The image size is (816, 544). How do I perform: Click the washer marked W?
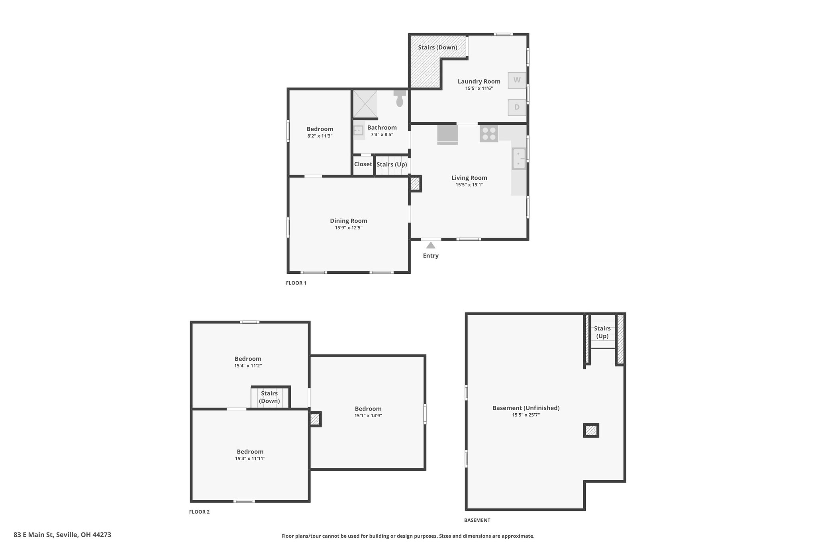[517, 80]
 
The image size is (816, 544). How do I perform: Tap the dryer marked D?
[517, 107]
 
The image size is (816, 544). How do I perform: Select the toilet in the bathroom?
[400, 98]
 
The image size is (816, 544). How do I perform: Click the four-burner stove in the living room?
[489, 134]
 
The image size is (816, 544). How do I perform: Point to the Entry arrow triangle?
[431, 245]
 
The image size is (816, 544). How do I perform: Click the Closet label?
[363, 164]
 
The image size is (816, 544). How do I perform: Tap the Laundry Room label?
[479, 81]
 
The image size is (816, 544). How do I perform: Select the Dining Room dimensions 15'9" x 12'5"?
[349, 228]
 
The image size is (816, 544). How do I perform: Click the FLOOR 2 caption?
[199, 512]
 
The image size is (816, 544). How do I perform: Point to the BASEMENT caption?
[477, 520]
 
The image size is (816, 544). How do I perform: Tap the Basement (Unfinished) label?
[526, 408]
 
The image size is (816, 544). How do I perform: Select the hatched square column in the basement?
[591, 430]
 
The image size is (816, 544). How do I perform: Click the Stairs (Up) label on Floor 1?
[392, 164]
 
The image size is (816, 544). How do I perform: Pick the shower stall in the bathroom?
[365, 104]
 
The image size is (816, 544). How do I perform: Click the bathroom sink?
[359, 130]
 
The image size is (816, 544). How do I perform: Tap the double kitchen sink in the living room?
[519, 159]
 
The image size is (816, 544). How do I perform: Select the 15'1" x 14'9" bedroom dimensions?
[368, 416]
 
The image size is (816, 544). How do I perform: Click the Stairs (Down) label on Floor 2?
[269, 397]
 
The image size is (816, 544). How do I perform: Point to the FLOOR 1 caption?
[296, 283]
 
